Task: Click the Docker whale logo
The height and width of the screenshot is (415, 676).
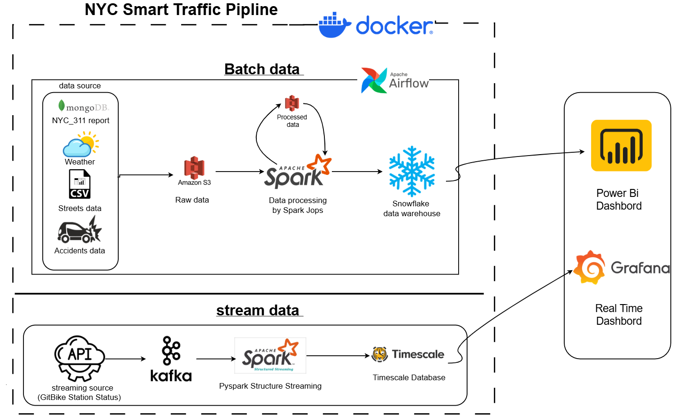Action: [x=335, y=25]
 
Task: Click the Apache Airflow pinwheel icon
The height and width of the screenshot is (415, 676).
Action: [x=374, y=80]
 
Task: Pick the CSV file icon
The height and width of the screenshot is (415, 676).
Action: [x=80, y=184]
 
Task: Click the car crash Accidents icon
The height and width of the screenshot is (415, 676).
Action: [x=80, y=230]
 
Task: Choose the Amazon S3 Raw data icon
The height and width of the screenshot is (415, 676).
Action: [x=194, y=168]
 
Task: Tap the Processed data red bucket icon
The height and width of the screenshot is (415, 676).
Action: [x=292, y=103]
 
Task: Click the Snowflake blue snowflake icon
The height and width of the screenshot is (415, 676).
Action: [x=412, y=172]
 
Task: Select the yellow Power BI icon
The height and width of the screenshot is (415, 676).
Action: [x=621, y=146]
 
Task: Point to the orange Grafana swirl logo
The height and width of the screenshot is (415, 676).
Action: [x=590, y=267]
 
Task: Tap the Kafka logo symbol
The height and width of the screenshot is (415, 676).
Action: [x=171, y=351]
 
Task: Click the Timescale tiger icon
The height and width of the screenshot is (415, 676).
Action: [x=379, y=354]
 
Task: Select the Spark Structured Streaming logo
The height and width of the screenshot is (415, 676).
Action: [x=270, y=356]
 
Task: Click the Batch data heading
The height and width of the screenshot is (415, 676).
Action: [x=262, y=69]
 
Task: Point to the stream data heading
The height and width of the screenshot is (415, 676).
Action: [x=258, y=311]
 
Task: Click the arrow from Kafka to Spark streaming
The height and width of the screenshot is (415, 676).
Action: [x=215, y=359]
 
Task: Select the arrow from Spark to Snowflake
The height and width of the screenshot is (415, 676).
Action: [x=357, y=172]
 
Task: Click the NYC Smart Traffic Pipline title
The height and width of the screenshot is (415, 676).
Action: [x=181, y=9]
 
